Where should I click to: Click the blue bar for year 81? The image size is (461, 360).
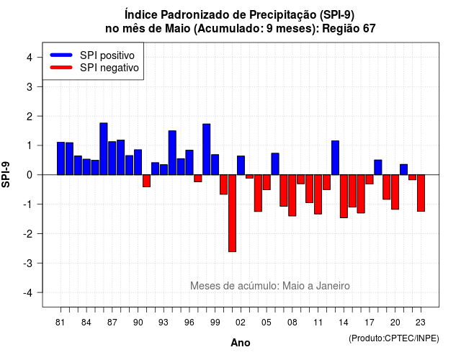point(61,158)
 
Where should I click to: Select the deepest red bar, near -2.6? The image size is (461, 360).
point(232,213)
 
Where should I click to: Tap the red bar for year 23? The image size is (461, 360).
point(421,193)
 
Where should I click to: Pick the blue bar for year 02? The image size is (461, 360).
point(241,166)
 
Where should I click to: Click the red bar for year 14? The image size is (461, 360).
point(344,197)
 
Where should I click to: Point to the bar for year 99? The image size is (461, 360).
point(215,165)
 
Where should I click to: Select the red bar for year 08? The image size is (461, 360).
point(292,195)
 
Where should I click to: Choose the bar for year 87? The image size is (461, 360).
point(112,158)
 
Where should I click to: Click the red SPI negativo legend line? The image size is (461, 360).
point(61,68)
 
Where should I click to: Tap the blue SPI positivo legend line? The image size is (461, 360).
point(61,55)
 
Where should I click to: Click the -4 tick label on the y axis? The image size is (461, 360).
point(28,293)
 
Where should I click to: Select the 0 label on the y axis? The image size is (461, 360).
point(30,175)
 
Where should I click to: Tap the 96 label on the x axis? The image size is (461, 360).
point(189,323)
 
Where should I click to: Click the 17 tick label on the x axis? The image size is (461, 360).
point(370,323)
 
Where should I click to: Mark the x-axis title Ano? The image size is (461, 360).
point(241,343)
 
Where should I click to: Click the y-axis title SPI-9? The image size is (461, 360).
point(6,174)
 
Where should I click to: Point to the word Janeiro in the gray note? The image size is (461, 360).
point(333,286)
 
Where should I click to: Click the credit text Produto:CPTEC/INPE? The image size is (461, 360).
point(394,338)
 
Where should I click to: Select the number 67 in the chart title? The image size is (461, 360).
point(370,29)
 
